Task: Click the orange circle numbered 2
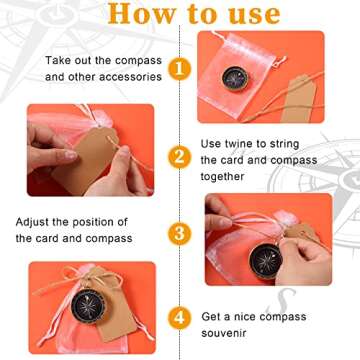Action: click(179, 157)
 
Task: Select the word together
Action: click(228, 176)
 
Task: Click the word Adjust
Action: click(35, 221)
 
